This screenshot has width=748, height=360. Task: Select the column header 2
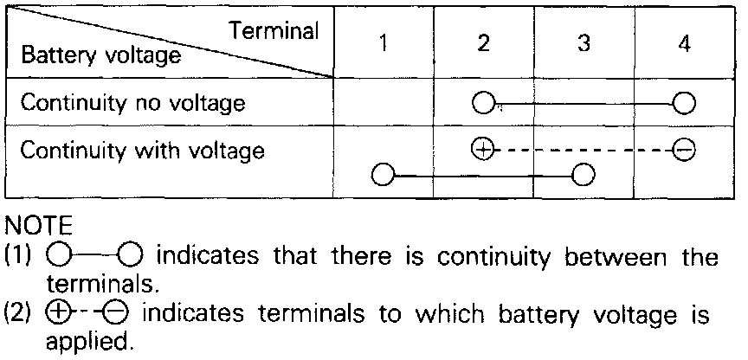click(483, 44)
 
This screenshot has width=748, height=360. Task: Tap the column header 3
click(584, 44)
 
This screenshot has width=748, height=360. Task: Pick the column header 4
click(684, 44)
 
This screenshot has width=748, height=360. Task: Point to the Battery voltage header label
click(101, 56)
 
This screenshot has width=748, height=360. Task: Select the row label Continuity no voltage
click(132, 103)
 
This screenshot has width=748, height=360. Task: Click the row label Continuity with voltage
click(142, 151)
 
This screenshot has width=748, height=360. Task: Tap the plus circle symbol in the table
click(483, 150)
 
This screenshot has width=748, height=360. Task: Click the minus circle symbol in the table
click(684, 151)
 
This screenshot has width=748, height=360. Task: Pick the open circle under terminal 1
click(383, 176)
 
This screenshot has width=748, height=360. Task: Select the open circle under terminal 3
click(584, 176)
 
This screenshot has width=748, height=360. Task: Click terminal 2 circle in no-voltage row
click(483, 104)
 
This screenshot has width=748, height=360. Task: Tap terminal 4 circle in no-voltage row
click(684, 104)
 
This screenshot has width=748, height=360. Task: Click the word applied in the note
click(89, 342)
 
